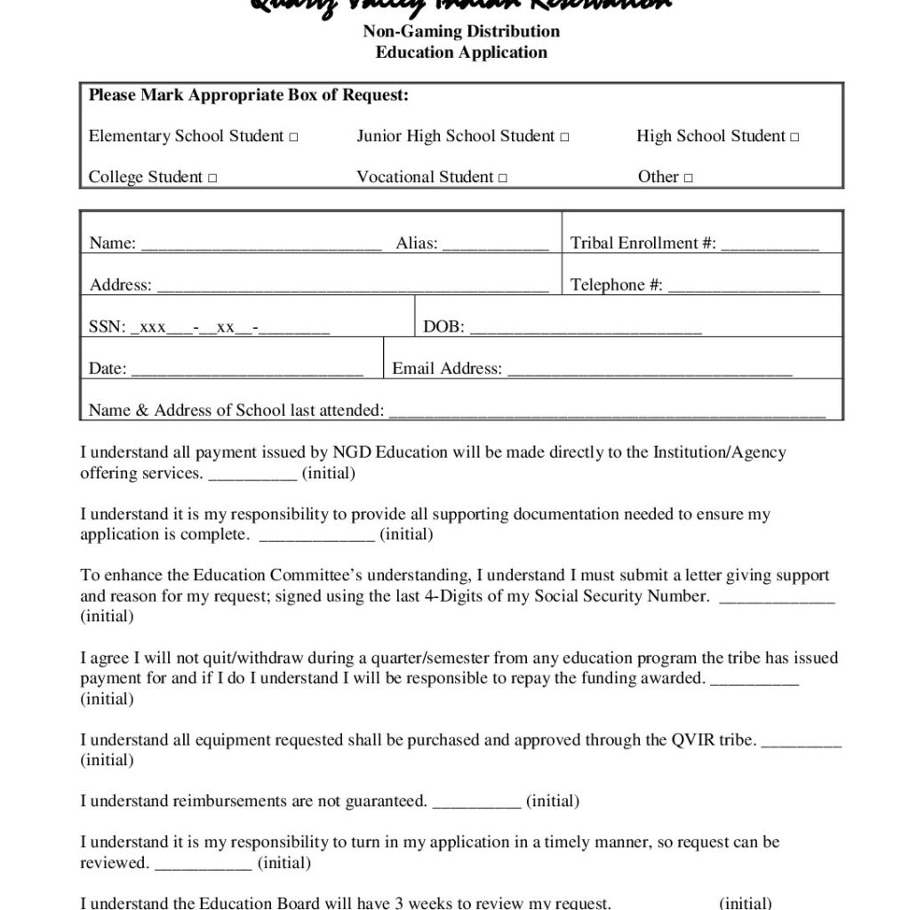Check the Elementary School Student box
pyautogui.click(x=294, y=138)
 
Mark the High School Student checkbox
pyautogui.click(x=794, y=138)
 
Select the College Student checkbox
pyautogui.click(x=212, y=179)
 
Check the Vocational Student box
pyautogui.click(x=503, y=179)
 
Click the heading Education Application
pyautogui.click(x=461, y=52)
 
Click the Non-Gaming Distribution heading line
pyautogui.click(x=461, y=32)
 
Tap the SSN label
pyautogui.click(x=107, y=327)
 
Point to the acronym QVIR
pyautogui.click(x=691, y=739)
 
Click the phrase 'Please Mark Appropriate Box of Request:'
pyautogui.click(x=248, y=96)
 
